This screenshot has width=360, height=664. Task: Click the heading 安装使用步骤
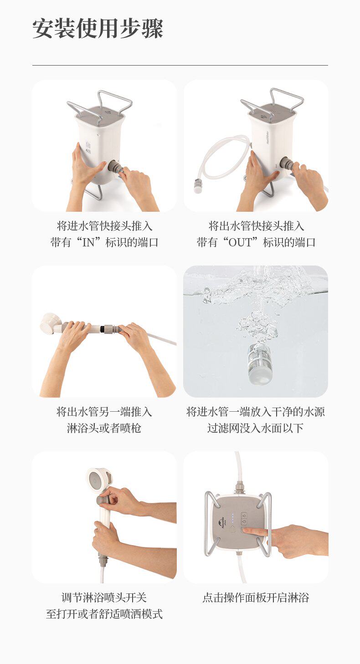click(x=98, y=29)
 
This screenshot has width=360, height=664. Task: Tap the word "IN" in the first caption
click(x=88, y=242)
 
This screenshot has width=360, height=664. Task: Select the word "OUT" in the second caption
click(x=240, y=242)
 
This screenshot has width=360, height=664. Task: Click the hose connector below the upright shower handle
click(x=103, y=560)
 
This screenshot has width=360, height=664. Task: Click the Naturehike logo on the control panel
click(x=221, y=525)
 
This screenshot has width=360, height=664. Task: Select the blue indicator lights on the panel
click(x=233, y=518)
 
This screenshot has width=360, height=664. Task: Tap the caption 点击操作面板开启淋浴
click(x=256, y=598)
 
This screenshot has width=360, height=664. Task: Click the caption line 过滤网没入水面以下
click(x=256, y=428)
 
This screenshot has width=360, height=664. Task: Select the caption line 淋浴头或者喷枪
click(x=104, y=428)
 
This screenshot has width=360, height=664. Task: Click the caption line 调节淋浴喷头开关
click(x=104, y=598)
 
